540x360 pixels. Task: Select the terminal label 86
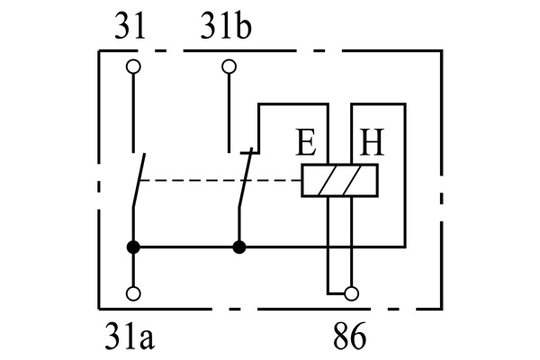tap(349, 338)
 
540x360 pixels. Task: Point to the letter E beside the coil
tap(307, 144)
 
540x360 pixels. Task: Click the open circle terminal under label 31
tap(133, 66)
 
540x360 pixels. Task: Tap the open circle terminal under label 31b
tap(229, 66)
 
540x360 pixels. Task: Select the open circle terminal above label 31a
tap(133, 293)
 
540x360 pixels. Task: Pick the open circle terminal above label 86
tap(351, 293)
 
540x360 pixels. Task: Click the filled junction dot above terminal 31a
tap(133, 246)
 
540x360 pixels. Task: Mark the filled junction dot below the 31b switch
tap(238, 246)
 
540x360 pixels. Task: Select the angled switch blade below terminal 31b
tap(245, 180)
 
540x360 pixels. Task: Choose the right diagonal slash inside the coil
tap(359, 181)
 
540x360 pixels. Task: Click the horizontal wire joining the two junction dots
tap(185, 246)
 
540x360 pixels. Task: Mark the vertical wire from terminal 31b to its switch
tap(229, 108)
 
